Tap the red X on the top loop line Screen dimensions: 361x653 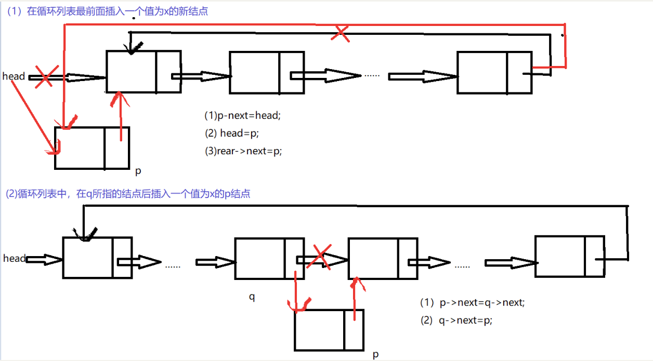[340, 33]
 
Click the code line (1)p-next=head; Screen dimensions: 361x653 [242, 115]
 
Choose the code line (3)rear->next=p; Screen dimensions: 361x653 [243, 151]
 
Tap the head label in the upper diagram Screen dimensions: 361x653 [14, 76]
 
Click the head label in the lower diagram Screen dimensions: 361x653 [14, 258]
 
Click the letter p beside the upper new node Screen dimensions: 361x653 [138, 170]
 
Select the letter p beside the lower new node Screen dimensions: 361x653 [375, 355]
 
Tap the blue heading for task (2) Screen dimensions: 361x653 [128, 194]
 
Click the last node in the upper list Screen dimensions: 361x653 [494, 72]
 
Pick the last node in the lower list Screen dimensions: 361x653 [569, 256]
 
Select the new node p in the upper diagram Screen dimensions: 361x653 [92, 148]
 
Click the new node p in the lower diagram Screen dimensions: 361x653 [329, 330]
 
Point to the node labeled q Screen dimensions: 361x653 [269, 259]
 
